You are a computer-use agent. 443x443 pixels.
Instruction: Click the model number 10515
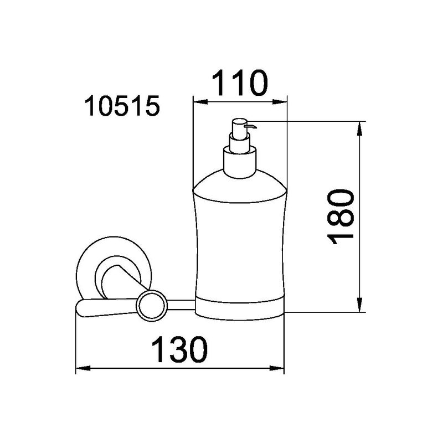coord(122,106)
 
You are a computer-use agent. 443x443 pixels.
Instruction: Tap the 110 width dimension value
coord(239,83)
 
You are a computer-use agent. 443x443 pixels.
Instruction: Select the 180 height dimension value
coord(341,217)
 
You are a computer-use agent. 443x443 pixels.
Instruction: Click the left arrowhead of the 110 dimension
coord(200,102)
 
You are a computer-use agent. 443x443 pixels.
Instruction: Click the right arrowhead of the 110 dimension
coord(280,102)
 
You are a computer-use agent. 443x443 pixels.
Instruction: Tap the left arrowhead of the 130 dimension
coord(83,368)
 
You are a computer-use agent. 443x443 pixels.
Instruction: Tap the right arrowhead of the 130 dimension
coord(277,368)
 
